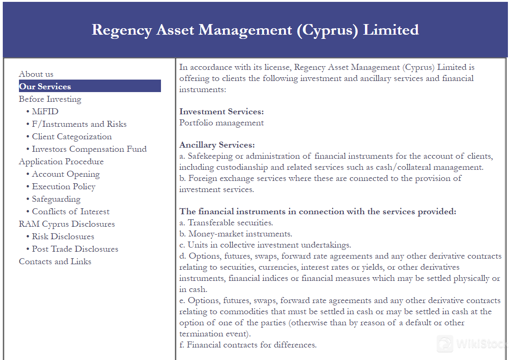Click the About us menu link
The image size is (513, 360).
coord(36,74)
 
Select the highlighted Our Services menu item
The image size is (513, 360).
coord(45,87)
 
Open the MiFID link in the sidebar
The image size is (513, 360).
coord(45,112)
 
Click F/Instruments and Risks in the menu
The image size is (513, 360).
coord(79,124)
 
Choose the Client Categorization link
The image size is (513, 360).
coord(72,137)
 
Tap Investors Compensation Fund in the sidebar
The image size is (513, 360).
coord(89,149)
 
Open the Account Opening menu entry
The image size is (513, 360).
coord(66,174)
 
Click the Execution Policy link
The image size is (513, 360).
coord(63,186)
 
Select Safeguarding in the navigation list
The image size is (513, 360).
coord(56,199)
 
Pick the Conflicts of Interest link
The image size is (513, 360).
coord(70,211)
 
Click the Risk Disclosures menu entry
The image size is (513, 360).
coord(63,236)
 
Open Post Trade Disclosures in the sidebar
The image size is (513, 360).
coord(75,249)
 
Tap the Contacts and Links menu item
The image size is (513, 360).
coord(55,261)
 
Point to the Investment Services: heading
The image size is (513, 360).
coord(222,112)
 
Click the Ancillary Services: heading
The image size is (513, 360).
coord(217,145)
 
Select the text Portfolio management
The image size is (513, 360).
coord(222,123)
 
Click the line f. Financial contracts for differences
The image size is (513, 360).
coord(248,345)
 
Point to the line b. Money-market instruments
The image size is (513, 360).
coord(235,234)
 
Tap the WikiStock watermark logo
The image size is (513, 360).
coord(472,344)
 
